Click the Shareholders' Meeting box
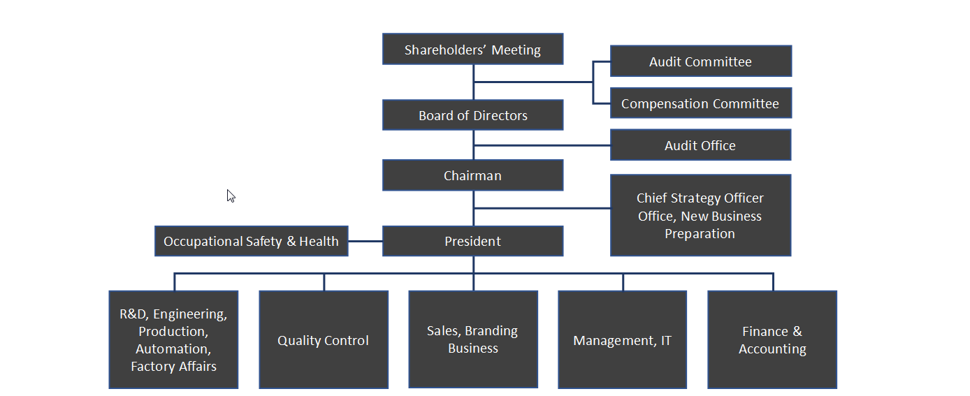point(472,50)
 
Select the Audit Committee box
point(700,61)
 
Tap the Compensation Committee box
point(700,103)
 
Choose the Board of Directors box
point(472,115)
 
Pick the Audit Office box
point(700,145)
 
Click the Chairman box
point(472,175)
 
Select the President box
point(472,241)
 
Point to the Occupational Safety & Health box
point(251,241)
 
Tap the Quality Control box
point(323,340)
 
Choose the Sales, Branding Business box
point(472,339)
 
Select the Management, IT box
point(622,340)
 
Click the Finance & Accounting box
point(772,340)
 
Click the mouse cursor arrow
point(230,195)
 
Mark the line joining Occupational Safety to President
point(365,241)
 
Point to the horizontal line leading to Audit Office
point(542,145)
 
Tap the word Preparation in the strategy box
point(700,234)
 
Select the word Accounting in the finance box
point(772,349)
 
